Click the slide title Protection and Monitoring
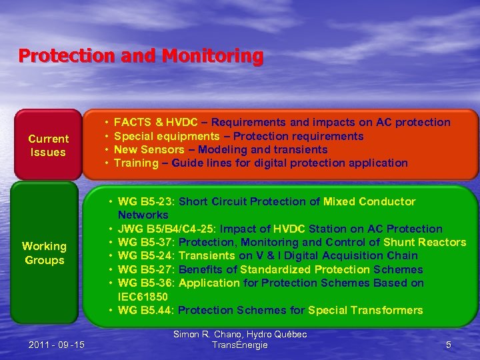tap(141, 55)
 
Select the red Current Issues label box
tap(48, 145)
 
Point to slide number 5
tap(448, 345)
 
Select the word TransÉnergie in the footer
tap(239, 345)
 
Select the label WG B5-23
tap(145, 202)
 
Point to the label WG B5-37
tap(145, 242)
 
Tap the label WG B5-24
tap(145, 256)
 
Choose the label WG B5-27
tap(145, 269)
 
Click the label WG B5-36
tap(145, 283)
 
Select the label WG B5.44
tap(145, 310)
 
